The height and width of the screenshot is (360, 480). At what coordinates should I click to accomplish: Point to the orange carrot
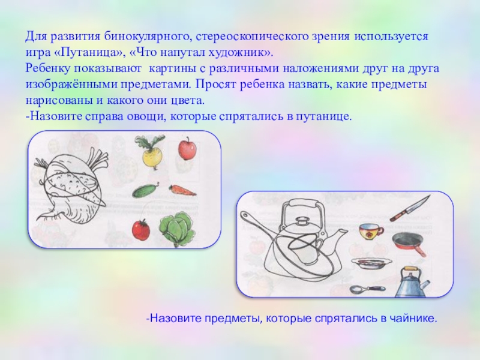click(x=182, y=190)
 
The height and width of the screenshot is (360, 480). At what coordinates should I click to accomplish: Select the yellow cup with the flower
click(x=370, y=231)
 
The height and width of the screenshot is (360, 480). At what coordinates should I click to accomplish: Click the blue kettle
click(x=412, y=282)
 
